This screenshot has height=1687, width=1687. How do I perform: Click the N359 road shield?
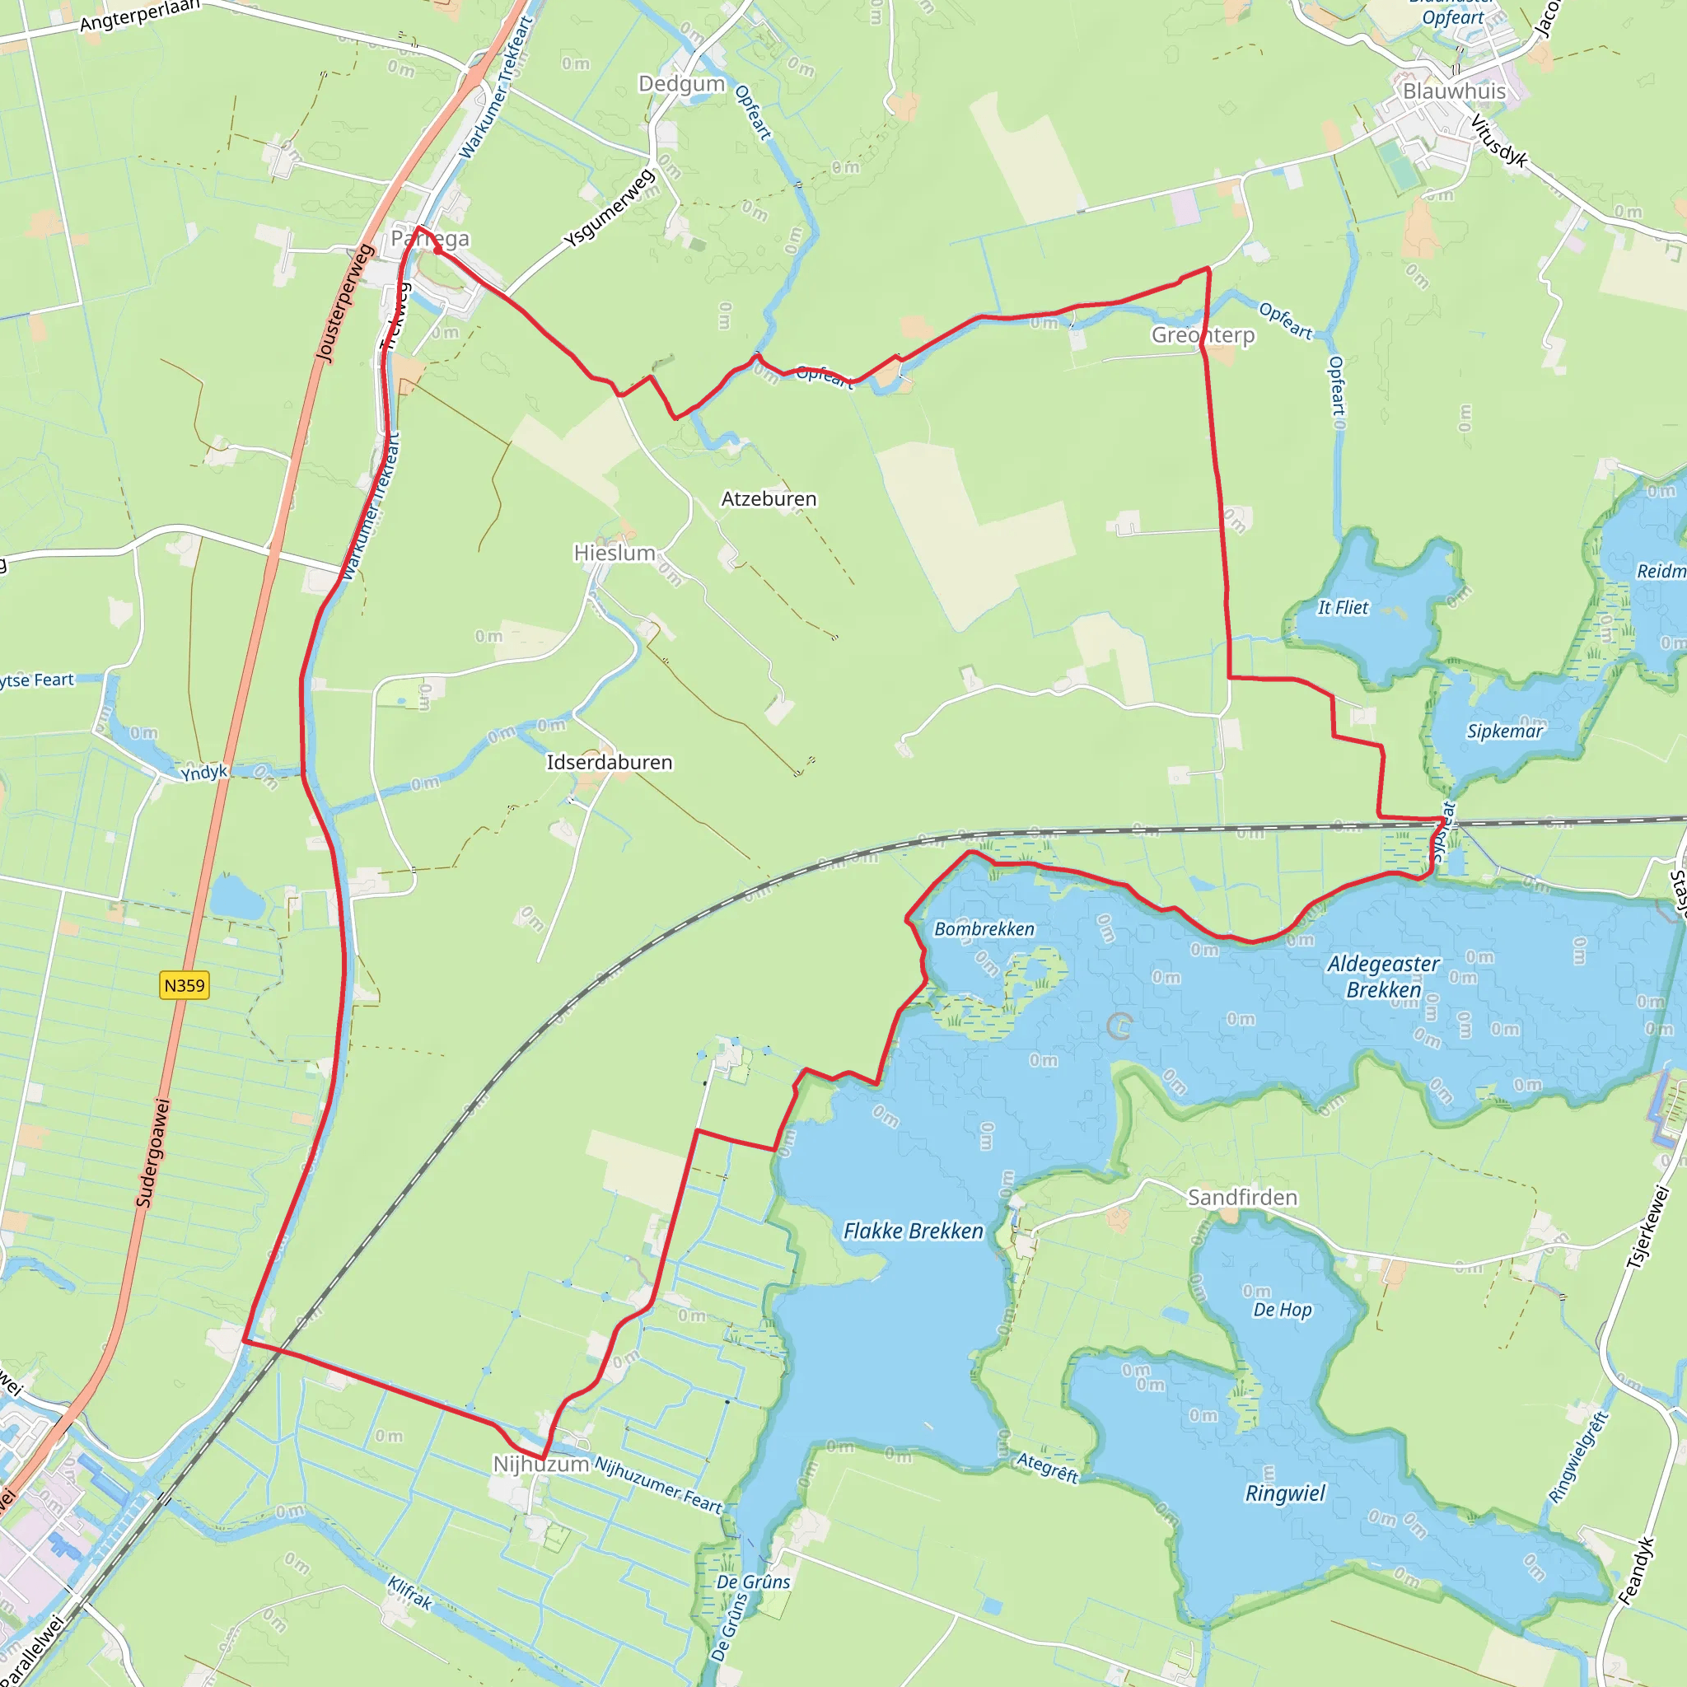click(185, 986)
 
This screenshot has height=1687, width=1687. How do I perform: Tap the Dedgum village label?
click(682, 84)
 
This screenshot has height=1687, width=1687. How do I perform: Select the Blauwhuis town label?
click(1454, 91)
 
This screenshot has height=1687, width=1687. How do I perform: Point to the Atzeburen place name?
click(769, 498)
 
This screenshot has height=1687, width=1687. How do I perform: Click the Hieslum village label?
click(615, 553)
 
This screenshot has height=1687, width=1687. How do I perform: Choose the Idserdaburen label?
click(610, 762)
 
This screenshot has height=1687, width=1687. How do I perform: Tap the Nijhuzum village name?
click(541, 1464)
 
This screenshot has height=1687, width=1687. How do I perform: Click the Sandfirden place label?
click(1241, 1197)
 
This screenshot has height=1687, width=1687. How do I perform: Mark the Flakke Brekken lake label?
click(913, 1231)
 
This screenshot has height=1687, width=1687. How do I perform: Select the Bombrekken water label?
click(984, 929)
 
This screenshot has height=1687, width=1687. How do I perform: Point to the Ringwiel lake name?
click(1284, 1493)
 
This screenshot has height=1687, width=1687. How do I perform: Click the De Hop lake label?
click(1282, 1310)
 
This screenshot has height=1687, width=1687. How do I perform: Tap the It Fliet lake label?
click(1343, 608)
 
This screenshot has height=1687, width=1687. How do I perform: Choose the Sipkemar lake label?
click(1504, 731)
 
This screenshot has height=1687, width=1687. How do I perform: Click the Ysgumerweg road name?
click(609, 208)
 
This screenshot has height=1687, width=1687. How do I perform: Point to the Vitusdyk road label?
click(1499, 141)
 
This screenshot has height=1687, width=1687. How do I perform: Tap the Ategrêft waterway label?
click(1048, 1468)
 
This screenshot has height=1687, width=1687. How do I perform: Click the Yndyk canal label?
click(204, 772)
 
